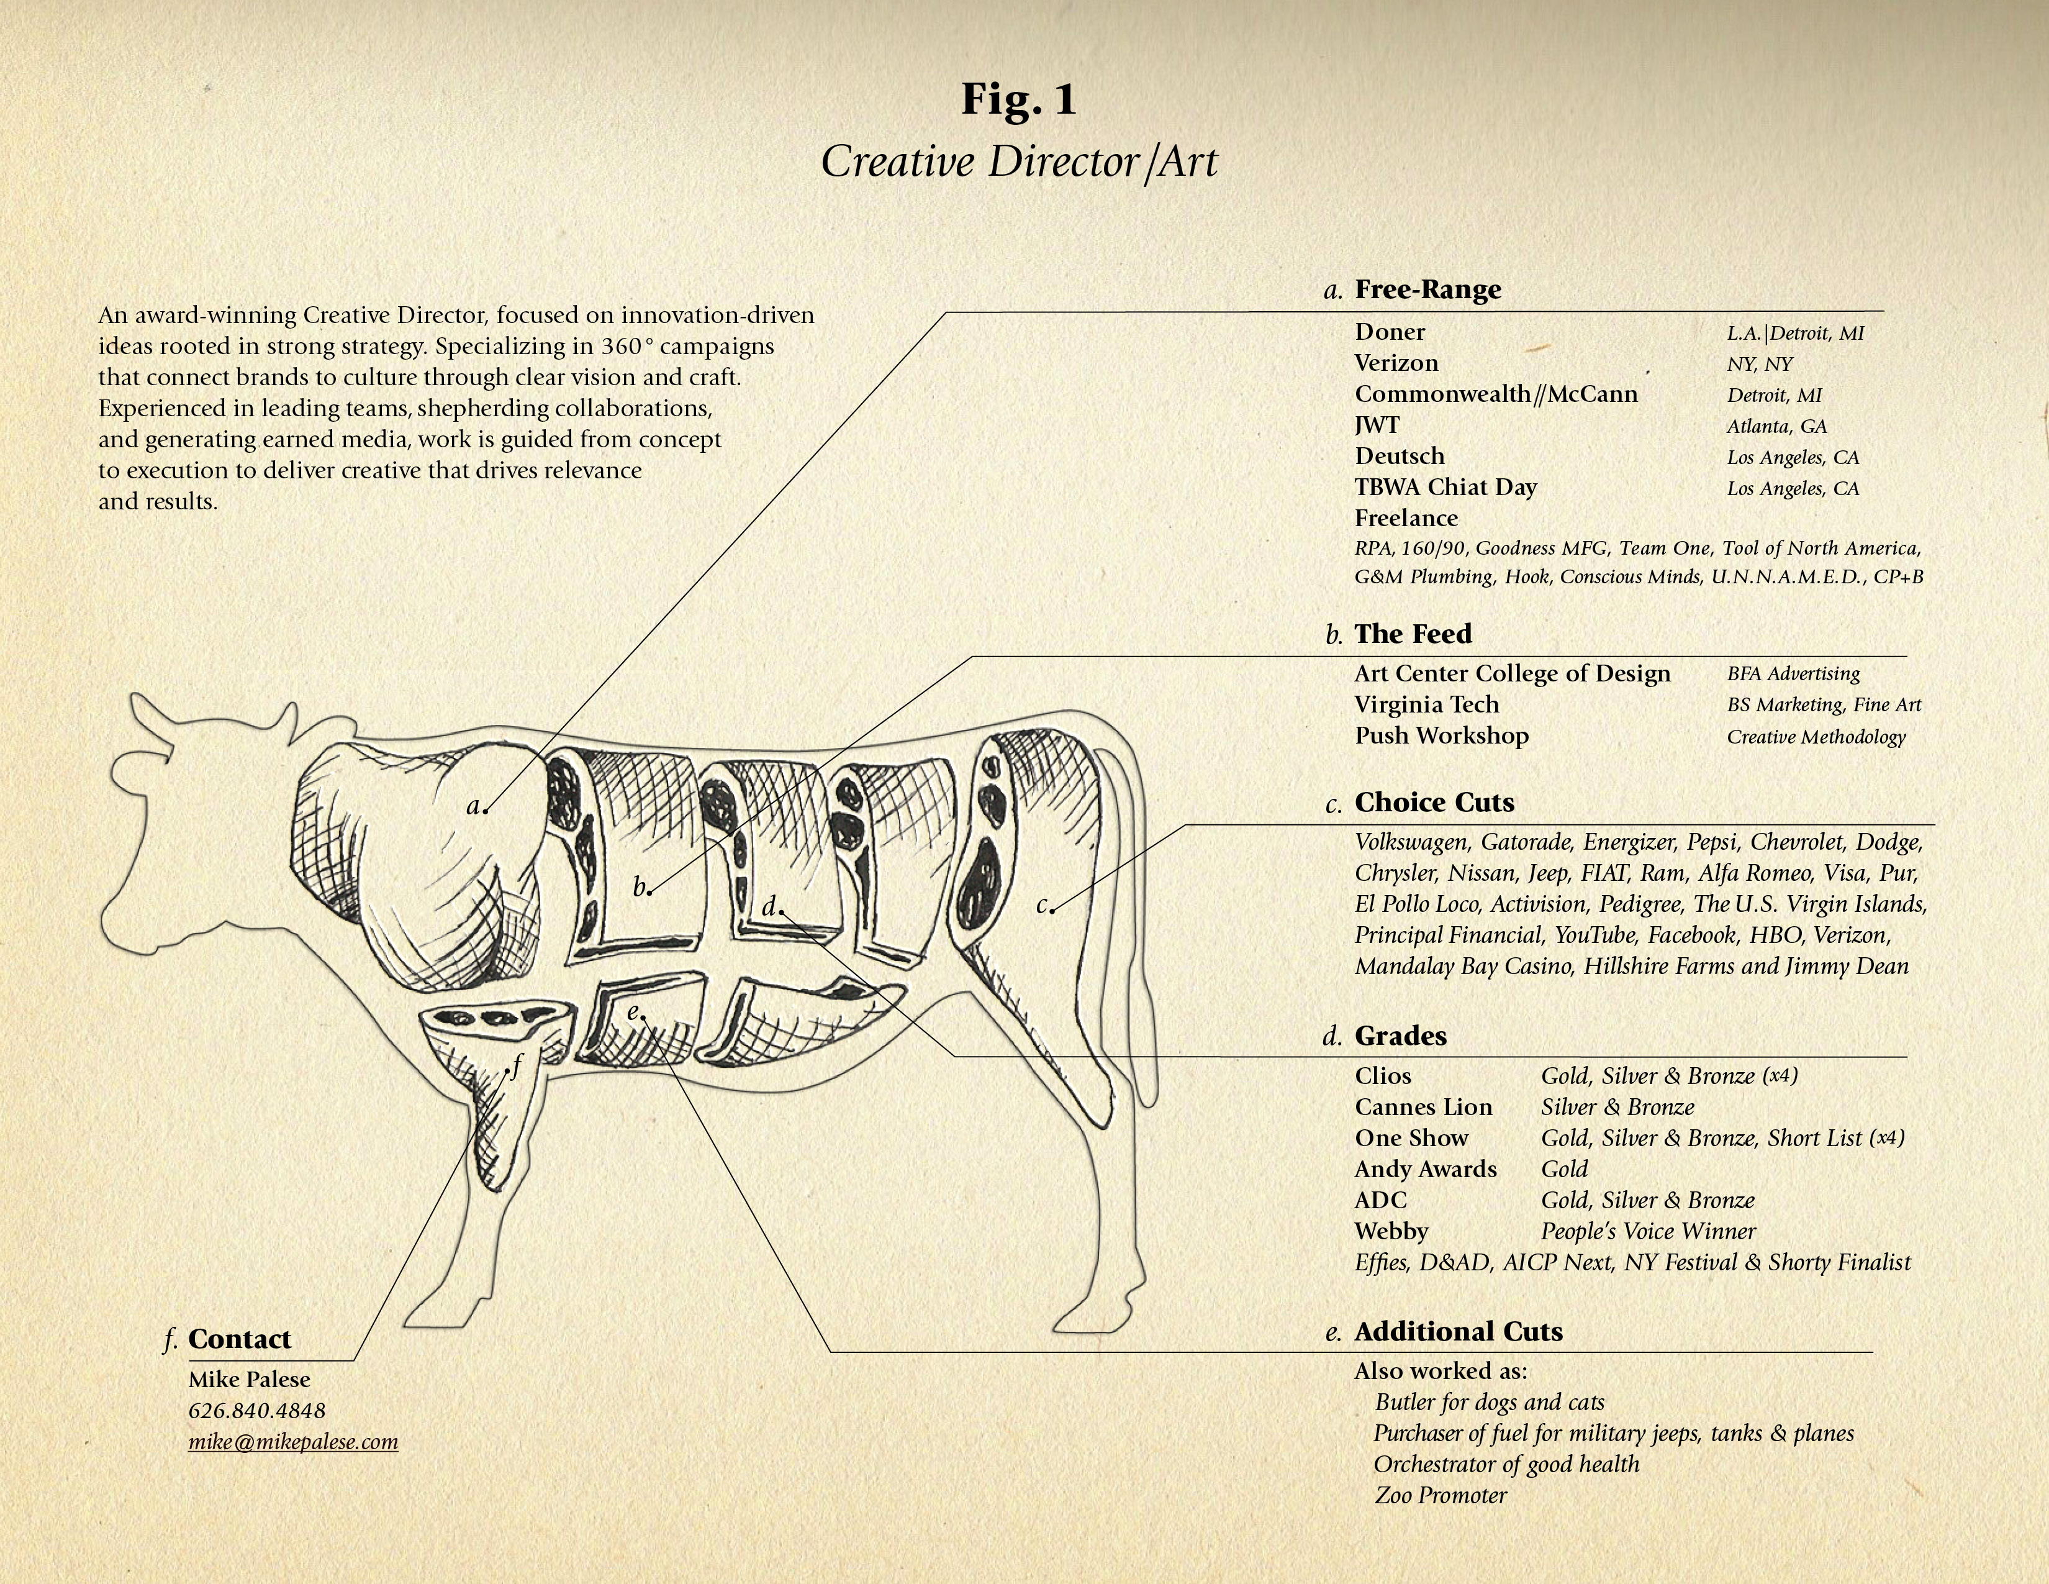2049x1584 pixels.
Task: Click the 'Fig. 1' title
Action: tap(1019, 99)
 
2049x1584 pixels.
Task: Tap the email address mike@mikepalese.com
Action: tap(292, 1441)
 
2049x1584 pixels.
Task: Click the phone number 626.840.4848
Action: tap(257, 1411)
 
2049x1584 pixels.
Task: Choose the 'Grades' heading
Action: tap(1400, 1036)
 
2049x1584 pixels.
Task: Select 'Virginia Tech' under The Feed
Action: tap(1426, 705)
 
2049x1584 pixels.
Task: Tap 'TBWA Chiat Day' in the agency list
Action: tap(1445, 487)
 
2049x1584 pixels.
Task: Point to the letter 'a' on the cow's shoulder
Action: tap(474, 805)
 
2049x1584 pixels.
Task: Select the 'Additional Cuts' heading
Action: tap(1458, 1332)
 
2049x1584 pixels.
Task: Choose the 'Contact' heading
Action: tap(239, 1339)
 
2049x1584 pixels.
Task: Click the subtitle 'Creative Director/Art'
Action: tap(1019, 162)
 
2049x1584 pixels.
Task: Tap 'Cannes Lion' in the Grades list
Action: tap(1423, 1108)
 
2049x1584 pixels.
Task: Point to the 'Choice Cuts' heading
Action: tap(1434, 803)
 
